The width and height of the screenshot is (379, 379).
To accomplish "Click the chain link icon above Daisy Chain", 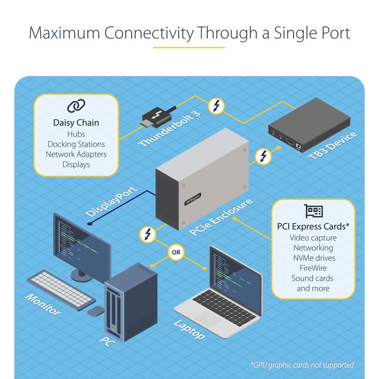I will pos(76,106).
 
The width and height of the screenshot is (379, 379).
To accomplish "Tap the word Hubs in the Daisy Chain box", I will pos(76,134).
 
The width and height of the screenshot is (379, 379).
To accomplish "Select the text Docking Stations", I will pos(76,144).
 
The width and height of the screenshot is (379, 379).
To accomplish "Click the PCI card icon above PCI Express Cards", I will pos(313,211).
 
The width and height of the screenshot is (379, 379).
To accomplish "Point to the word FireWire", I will pos(313,268).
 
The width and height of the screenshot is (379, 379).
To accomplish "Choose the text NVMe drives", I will pos(313,258).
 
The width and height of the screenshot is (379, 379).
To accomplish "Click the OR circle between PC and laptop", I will pos(176,253).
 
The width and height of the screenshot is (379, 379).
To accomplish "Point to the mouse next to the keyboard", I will pos(97,311).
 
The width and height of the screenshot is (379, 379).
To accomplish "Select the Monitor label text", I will pos(43,305).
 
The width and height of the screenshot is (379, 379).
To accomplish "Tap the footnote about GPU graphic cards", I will pos(302,365).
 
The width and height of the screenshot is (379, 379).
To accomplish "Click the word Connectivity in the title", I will pos(149,33).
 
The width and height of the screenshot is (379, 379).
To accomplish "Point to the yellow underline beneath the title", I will pos(189,47).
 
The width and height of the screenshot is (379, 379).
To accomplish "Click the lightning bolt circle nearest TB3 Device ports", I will pos(263,156).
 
